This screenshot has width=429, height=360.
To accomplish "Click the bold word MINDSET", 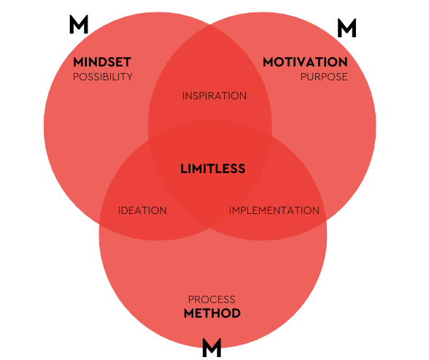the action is [x=102, y=62].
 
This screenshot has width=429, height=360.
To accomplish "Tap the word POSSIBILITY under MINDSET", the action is [x=103, y=77].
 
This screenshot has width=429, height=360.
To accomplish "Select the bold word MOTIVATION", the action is [x=305, y=62].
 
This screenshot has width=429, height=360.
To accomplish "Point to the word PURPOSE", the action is [x=324, y=77].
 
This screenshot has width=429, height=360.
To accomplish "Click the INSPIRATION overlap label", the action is [x=214, y=96].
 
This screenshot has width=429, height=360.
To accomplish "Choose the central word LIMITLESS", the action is [x=213, y=169].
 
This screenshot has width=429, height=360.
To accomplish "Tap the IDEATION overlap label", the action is [x=142, y=210].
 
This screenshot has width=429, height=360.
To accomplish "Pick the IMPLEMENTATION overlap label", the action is [x=274, y=210].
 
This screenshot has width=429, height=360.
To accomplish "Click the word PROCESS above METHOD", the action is [x=212, y=299].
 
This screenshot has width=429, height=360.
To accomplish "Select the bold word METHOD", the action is [x=212, y=313].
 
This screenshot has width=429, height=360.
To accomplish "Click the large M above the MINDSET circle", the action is [x=79, y=24].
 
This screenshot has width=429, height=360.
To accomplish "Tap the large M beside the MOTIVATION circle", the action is [x=347, y=28].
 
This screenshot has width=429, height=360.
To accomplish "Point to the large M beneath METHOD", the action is [x=212, y=348].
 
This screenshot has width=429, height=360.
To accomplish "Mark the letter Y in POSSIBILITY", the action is [x=129, y=77].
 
